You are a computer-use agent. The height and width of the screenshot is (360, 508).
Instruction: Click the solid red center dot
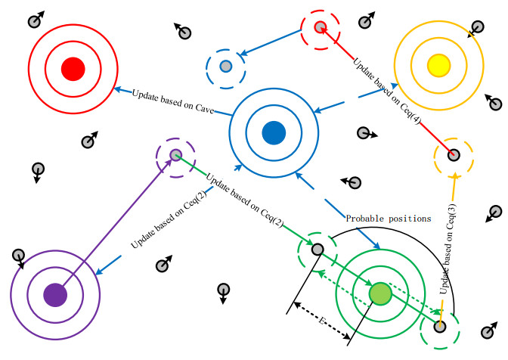tap(72, 69)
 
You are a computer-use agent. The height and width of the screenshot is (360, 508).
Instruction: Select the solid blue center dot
tap(273, 132)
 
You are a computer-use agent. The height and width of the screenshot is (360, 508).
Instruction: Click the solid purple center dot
tap(54, 293)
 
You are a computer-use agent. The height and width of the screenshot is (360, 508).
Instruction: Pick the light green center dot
tap(381, 293)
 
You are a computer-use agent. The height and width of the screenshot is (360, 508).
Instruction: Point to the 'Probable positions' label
tap(388, 219)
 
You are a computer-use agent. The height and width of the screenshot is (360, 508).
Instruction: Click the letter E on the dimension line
tap(323, 323)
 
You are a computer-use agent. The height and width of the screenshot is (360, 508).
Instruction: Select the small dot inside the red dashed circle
tap(320, 27)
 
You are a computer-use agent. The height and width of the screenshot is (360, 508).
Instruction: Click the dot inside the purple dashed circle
tap(175, 155)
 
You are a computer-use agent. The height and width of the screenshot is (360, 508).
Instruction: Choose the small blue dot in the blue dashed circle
tap(225, 67)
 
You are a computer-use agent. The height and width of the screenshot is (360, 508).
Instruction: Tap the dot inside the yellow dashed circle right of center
tap(454, 156)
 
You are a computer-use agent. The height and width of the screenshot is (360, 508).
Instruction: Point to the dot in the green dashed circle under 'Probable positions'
tap(318, 249)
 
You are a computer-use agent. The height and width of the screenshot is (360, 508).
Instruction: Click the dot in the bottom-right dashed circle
tap(440, 327)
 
